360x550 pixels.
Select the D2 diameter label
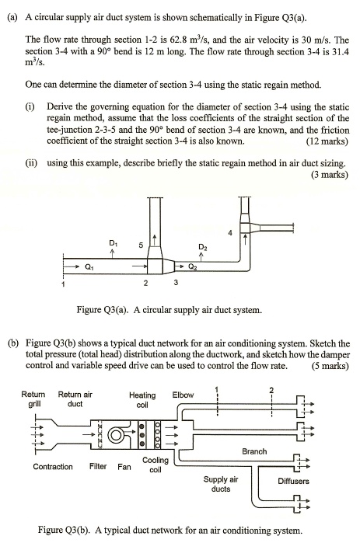(201, 246)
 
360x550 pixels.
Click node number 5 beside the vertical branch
(140, 245)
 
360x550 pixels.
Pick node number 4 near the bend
(229, 232)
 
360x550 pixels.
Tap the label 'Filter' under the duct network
(98, 467)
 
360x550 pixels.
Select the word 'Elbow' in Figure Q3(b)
(184, 395)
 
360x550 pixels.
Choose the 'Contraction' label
(53, 467)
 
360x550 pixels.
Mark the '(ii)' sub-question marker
(30, 164)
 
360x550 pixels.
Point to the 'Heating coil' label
(142, 399)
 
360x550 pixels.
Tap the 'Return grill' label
(32, 399)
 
